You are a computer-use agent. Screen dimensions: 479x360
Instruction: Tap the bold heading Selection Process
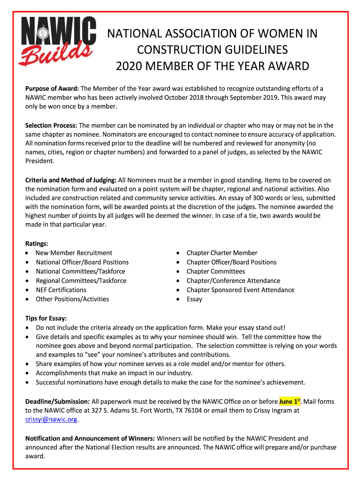[x=51, y=125]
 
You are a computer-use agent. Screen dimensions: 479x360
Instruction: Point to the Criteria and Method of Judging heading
[x=71, y=180]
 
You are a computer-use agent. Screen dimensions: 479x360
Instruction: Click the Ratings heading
[x=36, y=244]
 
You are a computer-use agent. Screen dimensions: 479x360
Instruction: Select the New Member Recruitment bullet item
[x=74, y=253]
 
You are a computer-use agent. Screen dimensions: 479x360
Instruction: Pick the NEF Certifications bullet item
[x=61, y=290]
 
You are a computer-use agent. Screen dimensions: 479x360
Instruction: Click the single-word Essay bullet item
[x=194, y=299]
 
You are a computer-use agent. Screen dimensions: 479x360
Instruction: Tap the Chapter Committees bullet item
[x=216, y=271]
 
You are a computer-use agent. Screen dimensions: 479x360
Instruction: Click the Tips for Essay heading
[x=46, y=318]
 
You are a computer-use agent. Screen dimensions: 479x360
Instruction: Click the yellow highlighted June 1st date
[x=289, y=401]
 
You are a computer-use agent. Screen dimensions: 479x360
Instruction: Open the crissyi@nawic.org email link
[x=51, y=420]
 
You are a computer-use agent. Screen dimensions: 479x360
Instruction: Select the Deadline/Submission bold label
[x=58, y=401]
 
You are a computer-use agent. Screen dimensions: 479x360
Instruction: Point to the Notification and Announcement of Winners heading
[x=90, y=438]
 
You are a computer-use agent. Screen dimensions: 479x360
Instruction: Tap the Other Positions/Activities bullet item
[x=72, y=299]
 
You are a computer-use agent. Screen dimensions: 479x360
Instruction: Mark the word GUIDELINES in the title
[x=254, y=50]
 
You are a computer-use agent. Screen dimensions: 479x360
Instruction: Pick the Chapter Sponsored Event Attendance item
[x=240, y=290]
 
